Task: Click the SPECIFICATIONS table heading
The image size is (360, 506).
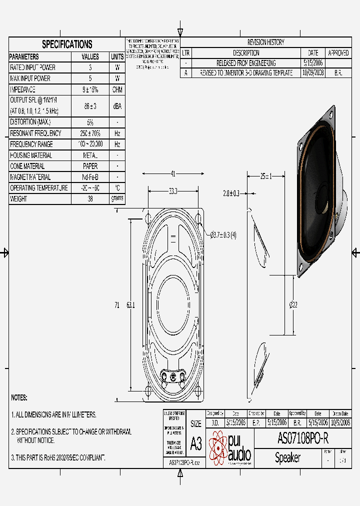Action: (x=66, y=44)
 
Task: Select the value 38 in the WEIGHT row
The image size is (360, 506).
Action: (x=90, y=199)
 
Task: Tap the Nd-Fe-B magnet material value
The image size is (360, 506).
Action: (x=90, y=177)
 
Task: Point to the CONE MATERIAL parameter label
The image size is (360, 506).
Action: (x=27, y=166)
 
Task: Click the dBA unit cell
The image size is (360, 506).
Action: (x=117, y=106)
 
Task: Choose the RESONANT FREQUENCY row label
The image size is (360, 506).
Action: (x=35, y=133)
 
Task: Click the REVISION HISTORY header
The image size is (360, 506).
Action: (x=265, y=42)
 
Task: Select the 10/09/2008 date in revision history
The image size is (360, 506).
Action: (x=313, y=72)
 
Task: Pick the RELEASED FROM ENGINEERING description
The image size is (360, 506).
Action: (x=245, y=63)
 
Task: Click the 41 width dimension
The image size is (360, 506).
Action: (x=173, y=174)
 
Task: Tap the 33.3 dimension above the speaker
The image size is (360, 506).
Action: (x=173, y=191)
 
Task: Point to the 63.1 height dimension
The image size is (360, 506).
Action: (x=130, y=305)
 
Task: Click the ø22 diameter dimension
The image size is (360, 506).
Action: (x=293, y=305)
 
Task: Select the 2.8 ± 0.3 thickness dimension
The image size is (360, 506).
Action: (x=231, y=193)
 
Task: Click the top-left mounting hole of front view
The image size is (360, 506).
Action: (x=148, y=218)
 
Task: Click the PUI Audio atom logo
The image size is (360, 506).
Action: (x=218, y=447)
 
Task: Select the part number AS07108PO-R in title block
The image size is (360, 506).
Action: (x=302, y=438)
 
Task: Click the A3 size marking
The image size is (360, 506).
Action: (x=196, y=443)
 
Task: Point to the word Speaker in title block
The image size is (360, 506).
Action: (x=287, y=457)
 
